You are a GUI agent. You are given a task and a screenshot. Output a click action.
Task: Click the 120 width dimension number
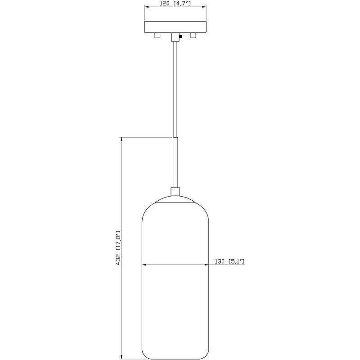tap(165, 4)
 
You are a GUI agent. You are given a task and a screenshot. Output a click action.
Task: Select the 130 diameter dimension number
tap(220, 261)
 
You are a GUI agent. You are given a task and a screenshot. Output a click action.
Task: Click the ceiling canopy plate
tap(175, 27)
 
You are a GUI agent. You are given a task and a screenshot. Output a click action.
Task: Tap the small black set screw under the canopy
tap(180, 36)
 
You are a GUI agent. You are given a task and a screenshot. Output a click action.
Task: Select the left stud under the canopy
tap(157, 35)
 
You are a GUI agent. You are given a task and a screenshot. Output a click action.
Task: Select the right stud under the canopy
tap(193, 35)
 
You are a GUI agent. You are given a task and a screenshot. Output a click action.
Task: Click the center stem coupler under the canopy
tap(175, 36)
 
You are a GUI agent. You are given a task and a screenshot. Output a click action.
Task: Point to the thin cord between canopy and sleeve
tap(175, 90)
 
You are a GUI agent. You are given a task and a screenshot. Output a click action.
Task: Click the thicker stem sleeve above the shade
tap(175, 162)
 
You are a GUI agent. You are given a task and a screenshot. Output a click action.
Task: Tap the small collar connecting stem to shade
tap(175, 191)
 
